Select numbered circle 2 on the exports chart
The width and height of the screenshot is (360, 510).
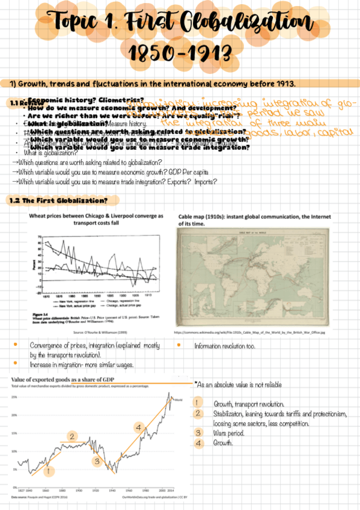72,437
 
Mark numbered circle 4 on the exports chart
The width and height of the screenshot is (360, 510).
139,428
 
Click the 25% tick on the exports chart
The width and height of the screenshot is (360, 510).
14,398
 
